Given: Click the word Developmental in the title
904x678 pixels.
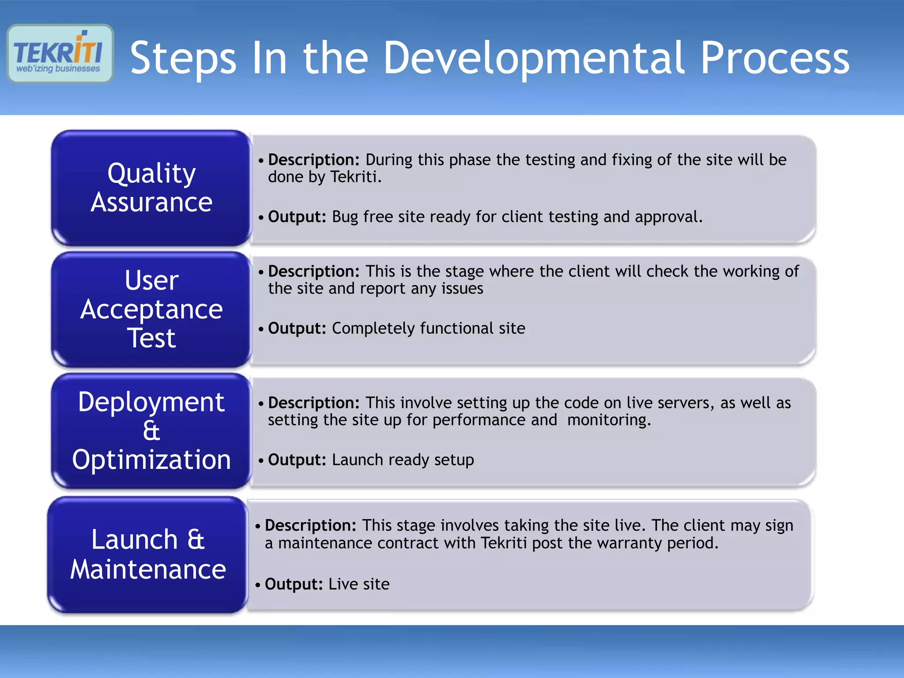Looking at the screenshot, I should [533, 58].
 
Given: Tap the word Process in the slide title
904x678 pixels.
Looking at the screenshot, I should [775, 58].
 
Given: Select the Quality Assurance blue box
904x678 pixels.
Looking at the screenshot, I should [151, 188].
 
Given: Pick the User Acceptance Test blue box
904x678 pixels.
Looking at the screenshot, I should [151, 309].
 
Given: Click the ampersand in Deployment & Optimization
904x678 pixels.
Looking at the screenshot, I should [151, 430].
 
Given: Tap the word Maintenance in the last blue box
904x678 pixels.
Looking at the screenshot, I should [148, 569].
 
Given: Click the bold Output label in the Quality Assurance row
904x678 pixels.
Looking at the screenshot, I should [297, 217].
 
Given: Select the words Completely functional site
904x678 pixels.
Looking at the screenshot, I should [428, 328].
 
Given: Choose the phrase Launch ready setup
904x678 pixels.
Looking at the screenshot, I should [403, 460].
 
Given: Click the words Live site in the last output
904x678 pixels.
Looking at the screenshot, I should [359, 584].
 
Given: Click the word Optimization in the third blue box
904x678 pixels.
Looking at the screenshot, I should [151, 460].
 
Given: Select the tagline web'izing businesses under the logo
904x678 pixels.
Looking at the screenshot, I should [58, 69].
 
